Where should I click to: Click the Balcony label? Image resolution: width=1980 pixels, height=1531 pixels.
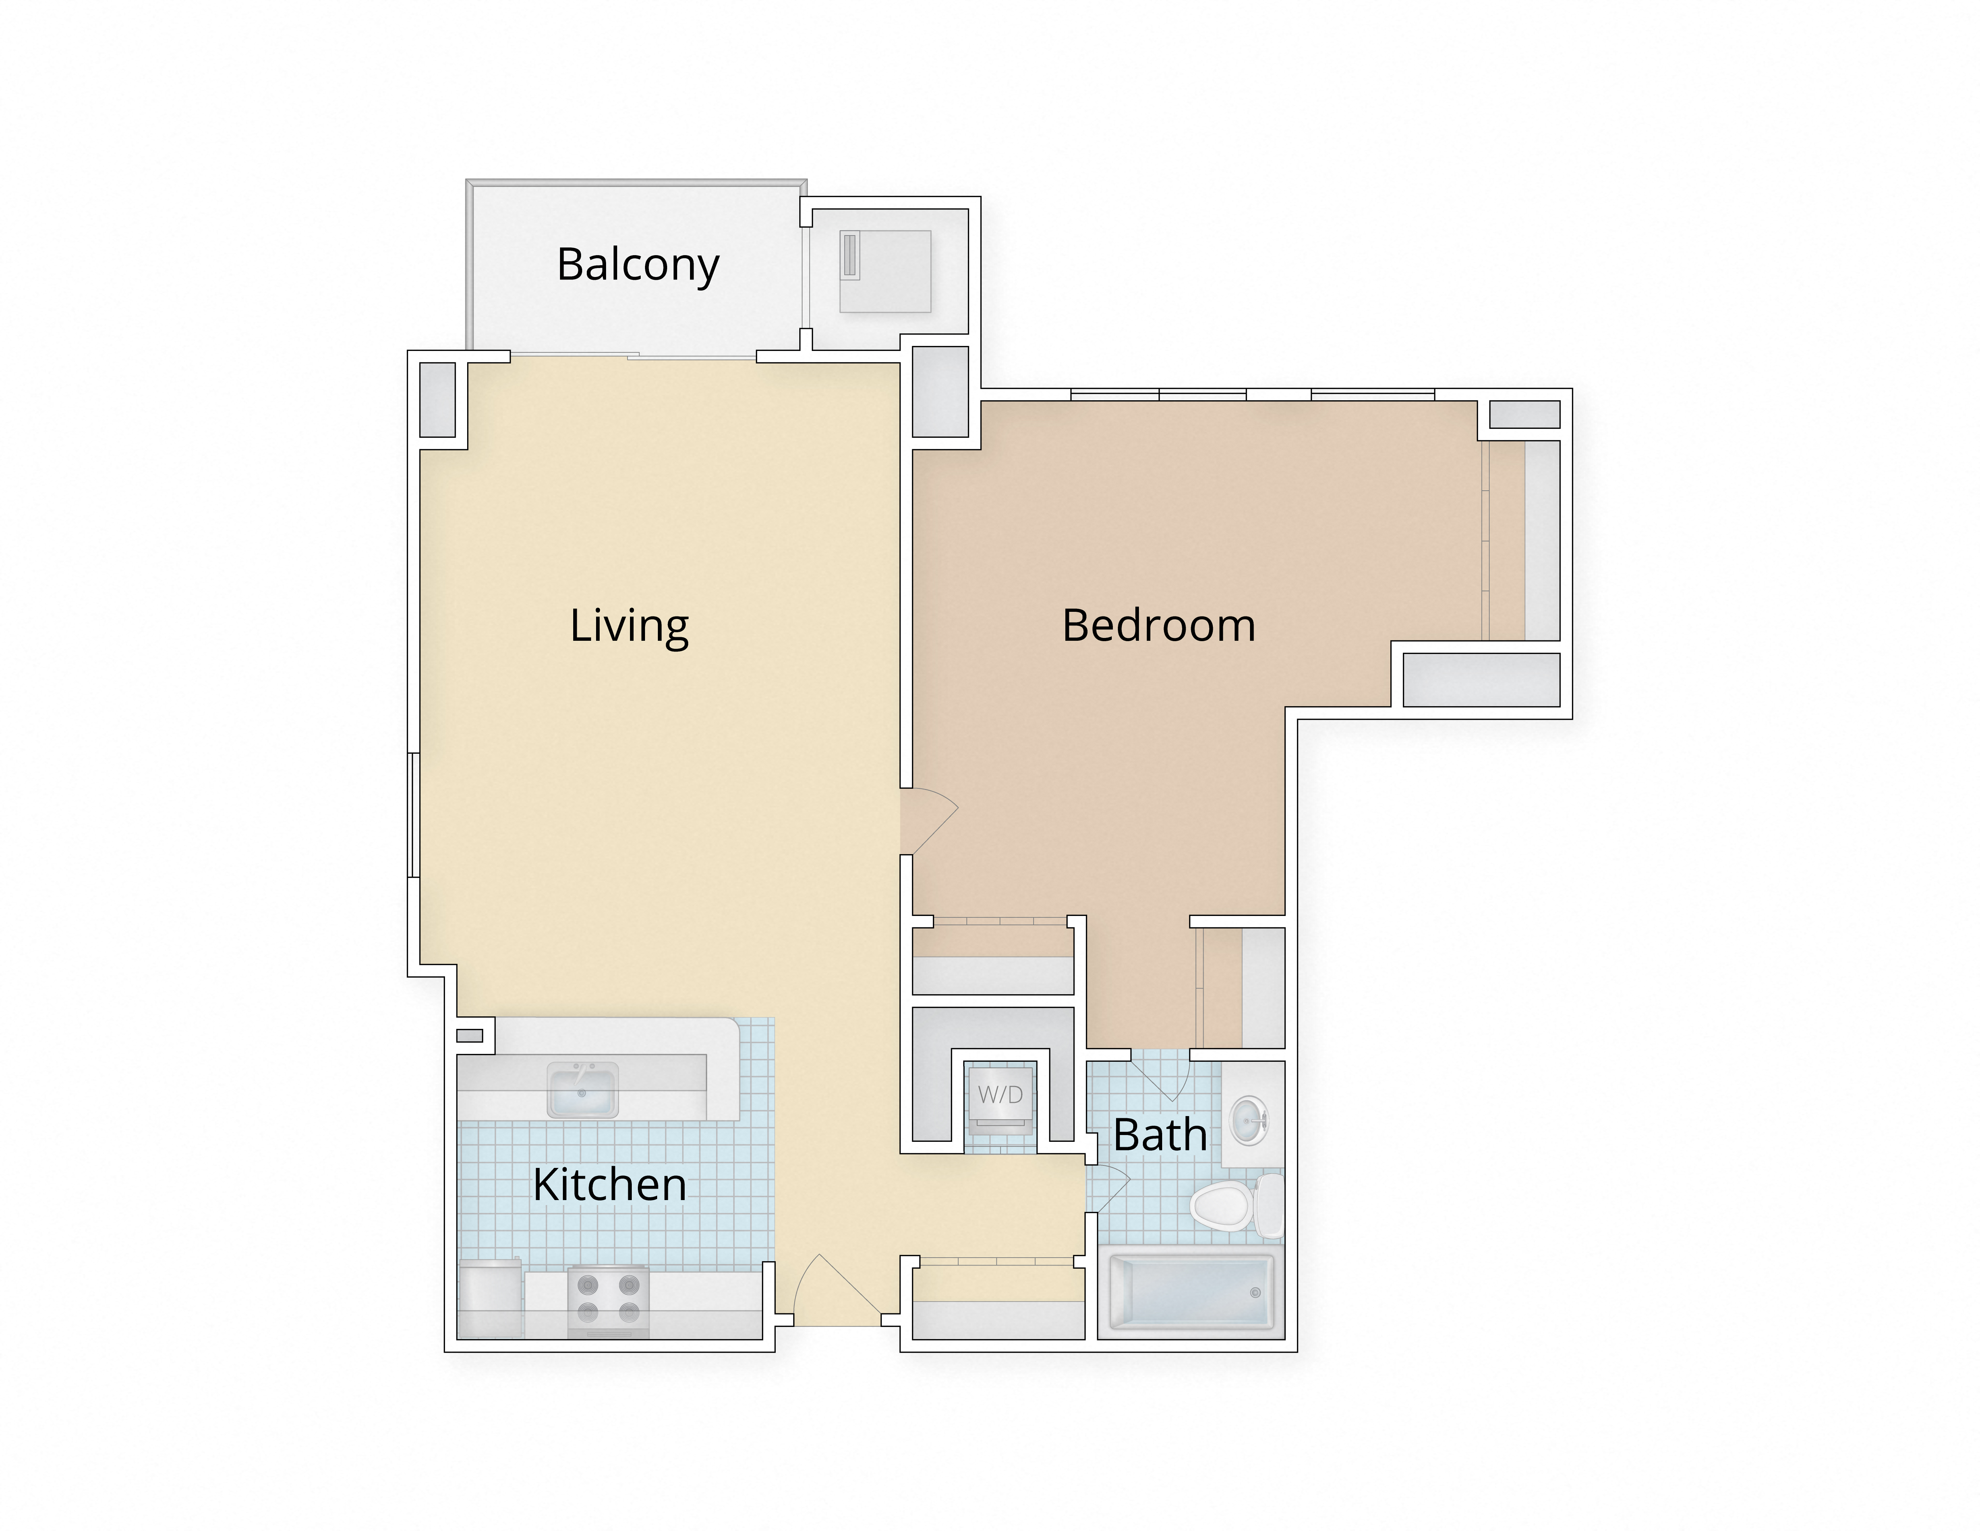(x=637, y=265)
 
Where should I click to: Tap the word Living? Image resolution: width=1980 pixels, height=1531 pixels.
(x=629, y=626)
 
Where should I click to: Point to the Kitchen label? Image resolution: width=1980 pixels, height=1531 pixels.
(x=609, y=1185)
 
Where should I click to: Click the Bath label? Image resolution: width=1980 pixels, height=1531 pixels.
(x=1160, y=1135)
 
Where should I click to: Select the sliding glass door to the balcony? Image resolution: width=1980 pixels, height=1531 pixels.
(x=633, y=356)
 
